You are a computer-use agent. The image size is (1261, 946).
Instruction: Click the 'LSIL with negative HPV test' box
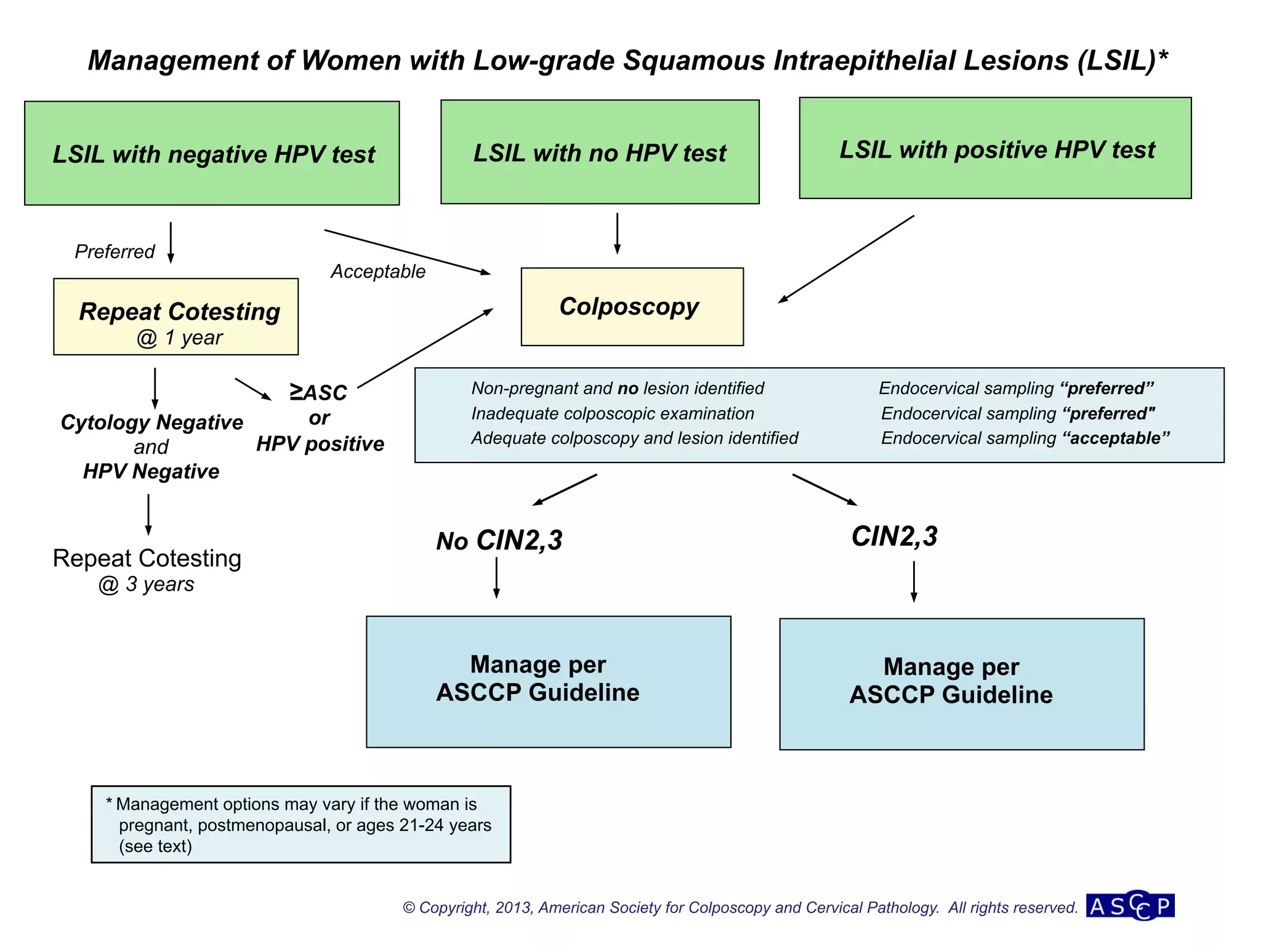[212, 153]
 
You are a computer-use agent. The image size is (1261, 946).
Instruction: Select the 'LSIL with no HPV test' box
[600, 152]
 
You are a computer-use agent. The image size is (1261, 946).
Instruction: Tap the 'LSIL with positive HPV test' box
[995, 148]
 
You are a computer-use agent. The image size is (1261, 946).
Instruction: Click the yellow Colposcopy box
[632, 307]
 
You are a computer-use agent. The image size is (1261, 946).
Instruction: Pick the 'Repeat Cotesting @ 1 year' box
[176, 317]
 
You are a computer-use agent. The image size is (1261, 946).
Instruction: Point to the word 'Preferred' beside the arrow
[115, 252]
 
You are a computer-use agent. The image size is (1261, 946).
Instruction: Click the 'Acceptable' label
[378, 272]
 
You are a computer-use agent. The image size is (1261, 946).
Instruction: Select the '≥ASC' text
[318, 392]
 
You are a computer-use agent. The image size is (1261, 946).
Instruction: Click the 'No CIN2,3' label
[499, 541]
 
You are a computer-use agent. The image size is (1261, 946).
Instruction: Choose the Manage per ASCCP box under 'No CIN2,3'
[548, 682]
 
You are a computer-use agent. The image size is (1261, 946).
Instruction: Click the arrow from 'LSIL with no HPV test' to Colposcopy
[617, 234]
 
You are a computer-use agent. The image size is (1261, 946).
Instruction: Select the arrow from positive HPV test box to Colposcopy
[847, 259]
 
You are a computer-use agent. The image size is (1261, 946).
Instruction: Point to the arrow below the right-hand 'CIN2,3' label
[914, 581]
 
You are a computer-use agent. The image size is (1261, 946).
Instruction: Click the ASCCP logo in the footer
[1130, 906]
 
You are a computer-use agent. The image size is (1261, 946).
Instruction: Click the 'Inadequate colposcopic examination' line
[613, 414]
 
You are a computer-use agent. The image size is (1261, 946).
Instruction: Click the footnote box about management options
[300, 824]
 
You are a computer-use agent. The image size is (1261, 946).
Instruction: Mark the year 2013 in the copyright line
[514, 908]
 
